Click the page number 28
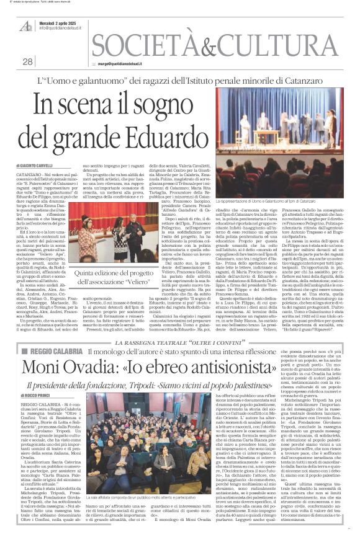pos(28,61)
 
